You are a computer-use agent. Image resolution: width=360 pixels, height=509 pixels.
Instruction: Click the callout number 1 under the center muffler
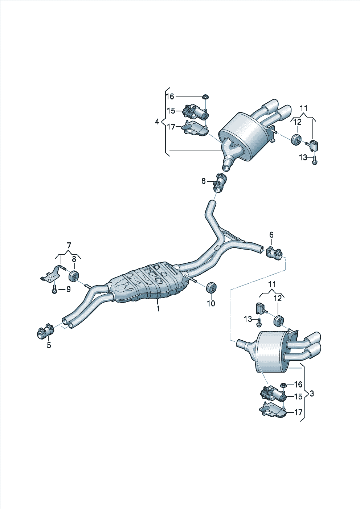pyautogui.click(x=158, y=308)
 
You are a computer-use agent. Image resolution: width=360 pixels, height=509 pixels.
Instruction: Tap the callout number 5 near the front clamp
pyautogui.click(x=49, y=345)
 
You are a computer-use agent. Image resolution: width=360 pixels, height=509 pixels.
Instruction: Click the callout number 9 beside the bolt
pyautogui.click(x=68, y=289)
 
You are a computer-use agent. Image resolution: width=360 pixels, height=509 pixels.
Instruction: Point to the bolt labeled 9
pyautogui.click(x=55, y=289)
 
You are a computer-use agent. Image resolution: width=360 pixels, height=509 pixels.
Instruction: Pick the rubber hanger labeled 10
pyautogui.click(x=211, y=288)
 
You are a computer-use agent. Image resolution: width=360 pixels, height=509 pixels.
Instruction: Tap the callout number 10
pyautogui.click(x=211, y=303)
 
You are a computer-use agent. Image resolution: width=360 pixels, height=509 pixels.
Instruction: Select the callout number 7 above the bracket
pyautogui.click(x=69, y=246)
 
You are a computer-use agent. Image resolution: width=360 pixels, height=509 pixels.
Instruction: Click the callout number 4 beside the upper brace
pyautogui.click(x=157, y=122)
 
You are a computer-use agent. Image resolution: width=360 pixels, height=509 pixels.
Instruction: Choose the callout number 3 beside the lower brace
pyautogui.click(x=312, y=393)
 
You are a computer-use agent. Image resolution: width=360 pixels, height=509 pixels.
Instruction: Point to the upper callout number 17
pyautogui.click(x=171, y=127)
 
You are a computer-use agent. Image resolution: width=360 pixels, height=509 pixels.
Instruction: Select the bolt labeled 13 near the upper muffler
pyautogui.click(x=315, y=160)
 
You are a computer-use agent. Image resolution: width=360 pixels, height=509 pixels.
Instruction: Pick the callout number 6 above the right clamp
pyautogui.click(x=271, y=235)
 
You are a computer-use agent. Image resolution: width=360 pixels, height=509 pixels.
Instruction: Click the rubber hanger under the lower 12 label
pyautogui.click(x=279, y=320)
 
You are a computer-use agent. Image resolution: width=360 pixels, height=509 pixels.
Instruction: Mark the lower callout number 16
pyautogui.click(x=298, y=385)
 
